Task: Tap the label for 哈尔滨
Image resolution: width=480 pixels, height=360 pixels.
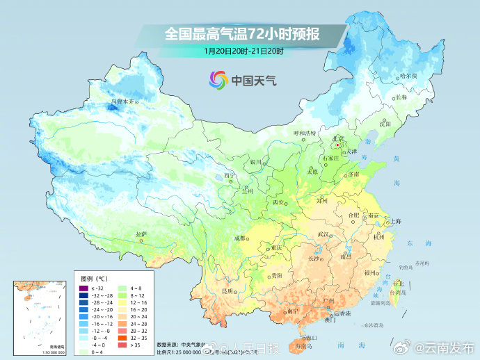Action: (408, 76)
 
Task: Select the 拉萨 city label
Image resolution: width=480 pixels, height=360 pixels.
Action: (141, 234)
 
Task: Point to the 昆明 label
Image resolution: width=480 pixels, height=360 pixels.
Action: (228, 290)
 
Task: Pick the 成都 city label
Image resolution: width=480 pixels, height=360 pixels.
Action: (240, 238)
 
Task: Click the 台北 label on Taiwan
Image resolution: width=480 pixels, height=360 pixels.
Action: (398, 284)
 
